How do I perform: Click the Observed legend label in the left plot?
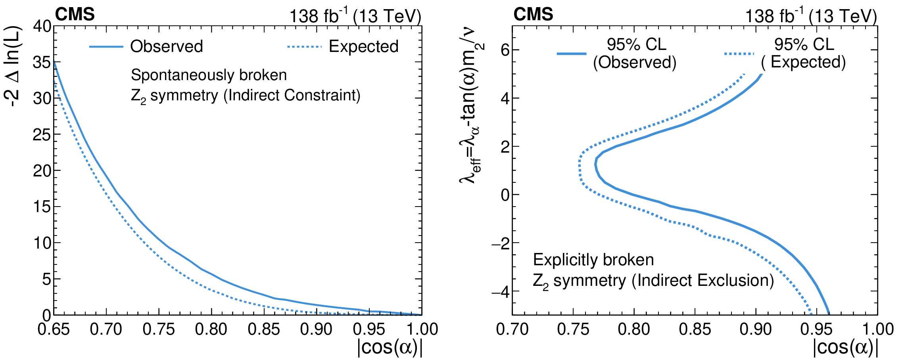(167, 46)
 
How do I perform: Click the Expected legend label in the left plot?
(363, 46)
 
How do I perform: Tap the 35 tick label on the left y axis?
(42, 62)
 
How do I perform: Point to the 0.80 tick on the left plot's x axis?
(211, 329)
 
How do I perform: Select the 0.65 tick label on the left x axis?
(54, 329)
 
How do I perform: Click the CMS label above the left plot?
(75, 15)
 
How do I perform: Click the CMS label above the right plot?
(533, 15)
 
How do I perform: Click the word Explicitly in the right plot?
(566, 260)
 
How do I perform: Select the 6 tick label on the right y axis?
(504, 50)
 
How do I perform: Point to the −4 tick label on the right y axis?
(500, 292)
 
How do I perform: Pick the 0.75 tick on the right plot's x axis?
(573, 329)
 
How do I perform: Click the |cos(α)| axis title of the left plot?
(390, 348)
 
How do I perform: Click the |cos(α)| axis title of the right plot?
(845, 348)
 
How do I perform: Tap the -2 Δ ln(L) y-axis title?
(13, 67)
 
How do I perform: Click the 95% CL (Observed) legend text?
(635, 53)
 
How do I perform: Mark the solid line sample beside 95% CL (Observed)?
(571, 53)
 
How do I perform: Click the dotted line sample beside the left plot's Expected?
(304, 47)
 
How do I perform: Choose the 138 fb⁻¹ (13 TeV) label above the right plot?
(811, 16)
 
